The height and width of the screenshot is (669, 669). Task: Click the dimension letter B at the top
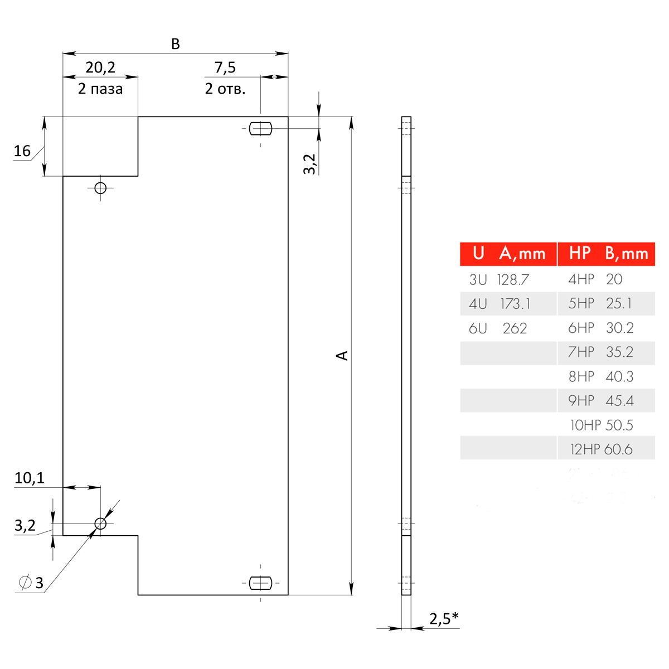[175, 44]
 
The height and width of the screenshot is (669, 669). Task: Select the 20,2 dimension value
[100, 67]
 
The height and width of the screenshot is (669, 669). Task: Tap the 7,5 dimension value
[225, 67]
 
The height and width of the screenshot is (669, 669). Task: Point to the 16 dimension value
[22, 151]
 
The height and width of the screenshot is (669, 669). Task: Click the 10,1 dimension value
[30, 478]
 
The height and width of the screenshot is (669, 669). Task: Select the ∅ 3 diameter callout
[31, 583]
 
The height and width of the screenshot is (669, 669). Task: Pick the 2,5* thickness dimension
[444, 618]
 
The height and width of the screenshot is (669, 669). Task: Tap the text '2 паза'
[100, 89]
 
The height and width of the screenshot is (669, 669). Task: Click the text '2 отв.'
[225, 89]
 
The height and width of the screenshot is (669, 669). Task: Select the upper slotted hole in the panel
[260, 129]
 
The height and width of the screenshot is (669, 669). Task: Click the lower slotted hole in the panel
[260, 583]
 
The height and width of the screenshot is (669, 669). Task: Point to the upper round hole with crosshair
[100, 188]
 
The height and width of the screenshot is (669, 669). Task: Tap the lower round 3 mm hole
[100, 523]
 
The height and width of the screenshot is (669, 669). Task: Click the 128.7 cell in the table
[513, 279]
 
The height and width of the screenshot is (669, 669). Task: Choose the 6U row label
[478, 328]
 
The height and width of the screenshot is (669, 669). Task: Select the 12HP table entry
[585, 449]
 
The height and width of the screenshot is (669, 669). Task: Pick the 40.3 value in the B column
[619, 377]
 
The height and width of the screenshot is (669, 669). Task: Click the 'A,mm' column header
[522, 254]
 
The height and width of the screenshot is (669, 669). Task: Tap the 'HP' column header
[580, 254]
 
